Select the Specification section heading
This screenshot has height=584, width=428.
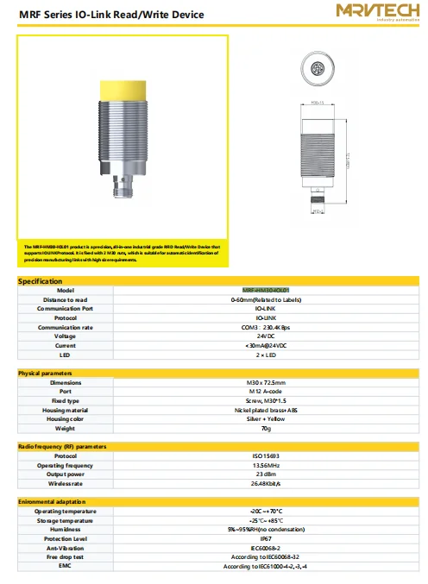pos(41,281)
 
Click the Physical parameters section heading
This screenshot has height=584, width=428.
pos(47,373)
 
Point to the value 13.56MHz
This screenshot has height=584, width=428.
pos(266,465)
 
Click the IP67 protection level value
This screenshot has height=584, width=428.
pos(266,539)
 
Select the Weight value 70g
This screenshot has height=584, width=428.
pos(266,428)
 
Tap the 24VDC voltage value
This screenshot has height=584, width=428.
pos(266,336)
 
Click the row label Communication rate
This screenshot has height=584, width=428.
pos(66,327)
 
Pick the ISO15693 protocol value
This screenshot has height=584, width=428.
pos(266,455)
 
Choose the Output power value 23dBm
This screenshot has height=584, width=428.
pos(266,474)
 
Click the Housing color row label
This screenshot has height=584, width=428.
pos(66,418)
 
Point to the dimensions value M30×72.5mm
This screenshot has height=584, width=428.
pos(266,382)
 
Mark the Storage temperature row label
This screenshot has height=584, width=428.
pos(66,520)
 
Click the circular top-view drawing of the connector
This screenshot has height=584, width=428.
pos(318,66)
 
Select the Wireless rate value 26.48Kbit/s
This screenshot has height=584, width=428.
pos(266,483)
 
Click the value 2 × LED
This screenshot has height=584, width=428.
pos(266,355)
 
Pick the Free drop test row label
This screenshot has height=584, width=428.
pos(66,557)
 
